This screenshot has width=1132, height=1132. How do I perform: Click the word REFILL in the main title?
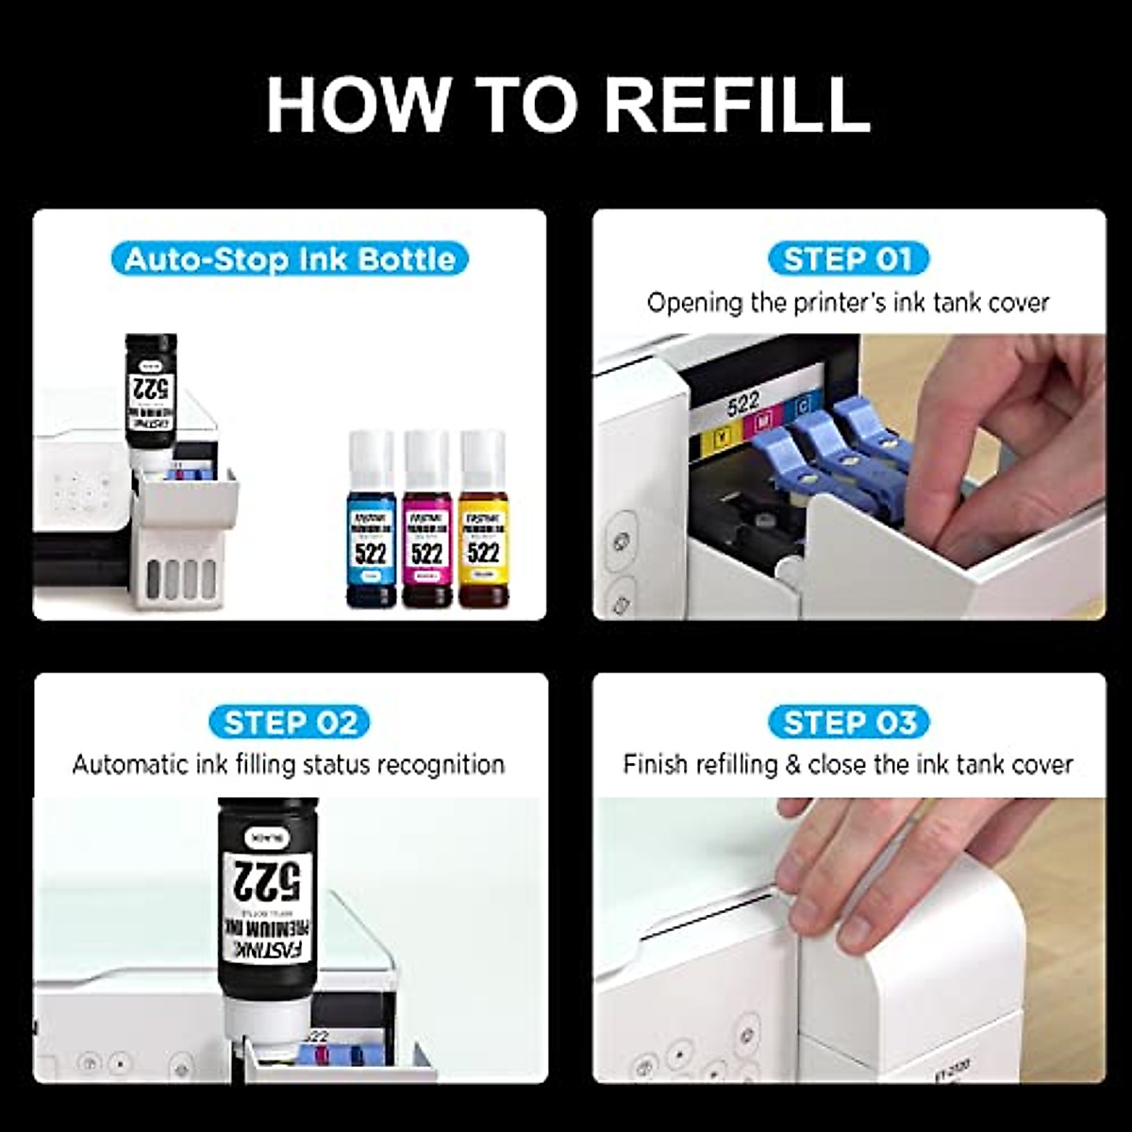[737, 105]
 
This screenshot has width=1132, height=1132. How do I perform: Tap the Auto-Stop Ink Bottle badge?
[290, 258]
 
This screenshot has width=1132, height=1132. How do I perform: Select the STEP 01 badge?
[848, 258]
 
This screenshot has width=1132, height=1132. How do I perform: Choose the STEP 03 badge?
[849, 723]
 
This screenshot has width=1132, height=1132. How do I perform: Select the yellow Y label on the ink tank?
[723, 437]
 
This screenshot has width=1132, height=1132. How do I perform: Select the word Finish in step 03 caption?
[655, 764]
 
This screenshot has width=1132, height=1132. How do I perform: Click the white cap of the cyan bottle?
[371, 457]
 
